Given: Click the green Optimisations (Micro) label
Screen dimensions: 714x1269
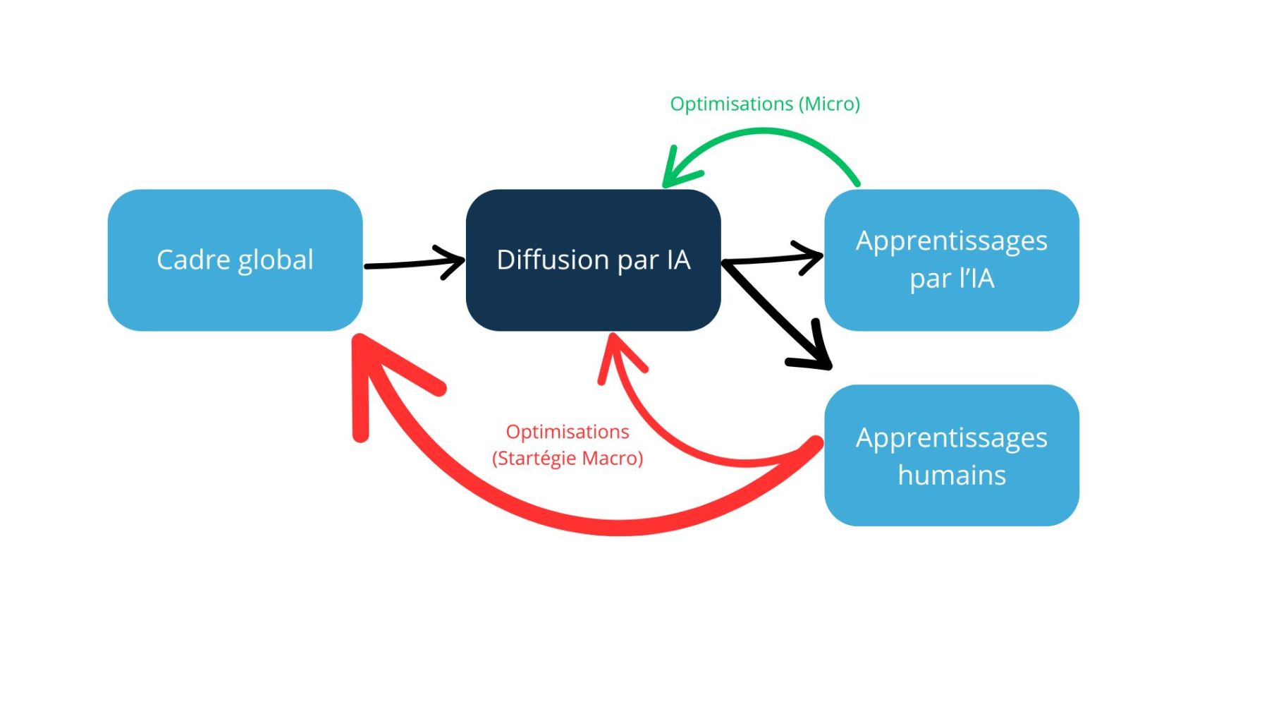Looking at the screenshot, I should coord(764,104).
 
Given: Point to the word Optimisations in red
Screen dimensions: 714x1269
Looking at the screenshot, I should coord(568,432).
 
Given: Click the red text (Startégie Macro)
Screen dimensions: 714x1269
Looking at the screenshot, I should coord(568,459).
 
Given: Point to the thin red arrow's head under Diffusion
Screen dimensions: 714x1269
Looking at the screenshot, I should coord(617,353).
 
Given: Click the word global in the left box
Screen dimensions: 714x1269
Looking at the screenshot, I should coord(275,260).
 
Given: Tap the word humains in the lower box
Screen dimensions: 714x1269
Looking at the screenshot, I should coord(951,475).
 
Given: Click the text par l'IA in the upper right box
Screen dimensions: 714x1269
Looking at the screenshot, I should coord(951,279).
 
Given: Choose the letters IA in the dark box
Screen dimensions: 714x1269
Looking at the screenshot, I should coord(678,260).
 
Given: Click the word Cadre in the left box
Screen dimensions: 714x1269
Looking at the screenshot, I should coord(193,260).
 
